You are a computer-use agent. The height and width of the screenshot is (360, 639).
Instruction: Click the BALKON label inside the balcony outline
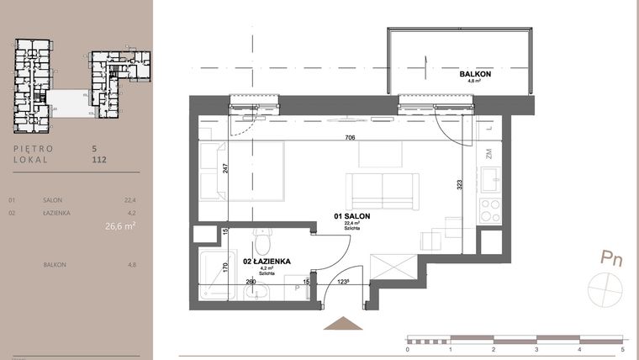[476, 75]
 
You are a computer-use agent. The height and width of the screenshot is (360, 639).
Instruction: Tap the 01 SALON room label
[353, 216]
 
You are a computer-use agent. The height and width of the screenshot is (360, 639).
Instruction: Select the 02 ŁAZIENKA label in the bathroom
[267, 262]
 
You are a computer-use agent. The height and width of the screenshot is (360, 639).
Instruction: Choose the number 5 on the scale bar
[622, 347]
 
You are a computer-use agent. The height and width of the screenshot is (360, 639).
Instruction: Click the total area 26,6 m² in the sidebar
[120, 225]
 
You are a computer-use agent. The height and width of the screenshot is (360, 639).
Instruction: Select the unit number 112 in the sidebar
[99, 158]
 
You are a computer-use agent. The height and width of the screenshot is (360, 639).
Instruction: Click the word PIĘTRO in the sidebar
[34, 148]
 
